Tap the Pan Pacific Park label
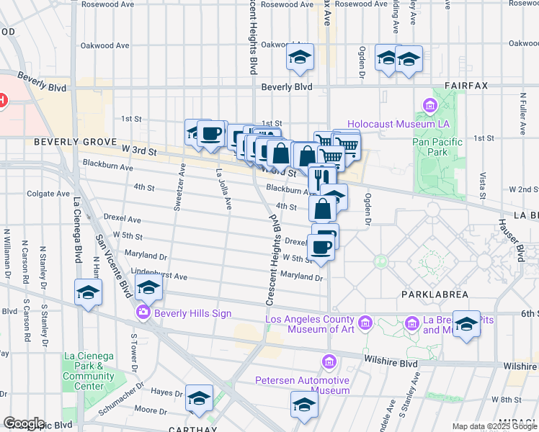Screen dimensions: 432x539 click(430, 147)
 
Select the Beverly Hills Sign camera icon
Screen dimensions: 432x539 click(143, 312)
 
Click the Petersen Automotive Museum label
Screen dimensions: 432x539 click(303, 385)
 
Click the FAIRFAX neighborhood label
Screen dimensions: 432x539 click(465, 86)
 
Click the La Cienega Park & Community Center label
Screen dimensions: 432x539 click(89, 371)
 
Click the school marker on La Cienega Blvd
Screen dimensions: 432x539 click(88, 293)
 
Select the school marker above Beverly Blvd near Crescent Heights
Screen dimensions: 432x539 click(299, 58)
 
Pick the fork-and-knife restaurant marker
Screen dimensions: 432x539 click(321, 176)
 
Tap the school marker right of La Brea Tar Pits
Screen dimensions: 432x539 click(467, 325)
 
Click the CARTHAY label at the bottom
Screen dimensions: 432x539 click(189, 427)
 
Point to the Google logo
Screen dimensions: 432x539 click(24, 423)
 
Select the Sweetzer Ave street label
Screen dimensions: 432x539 click(179, 186)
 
